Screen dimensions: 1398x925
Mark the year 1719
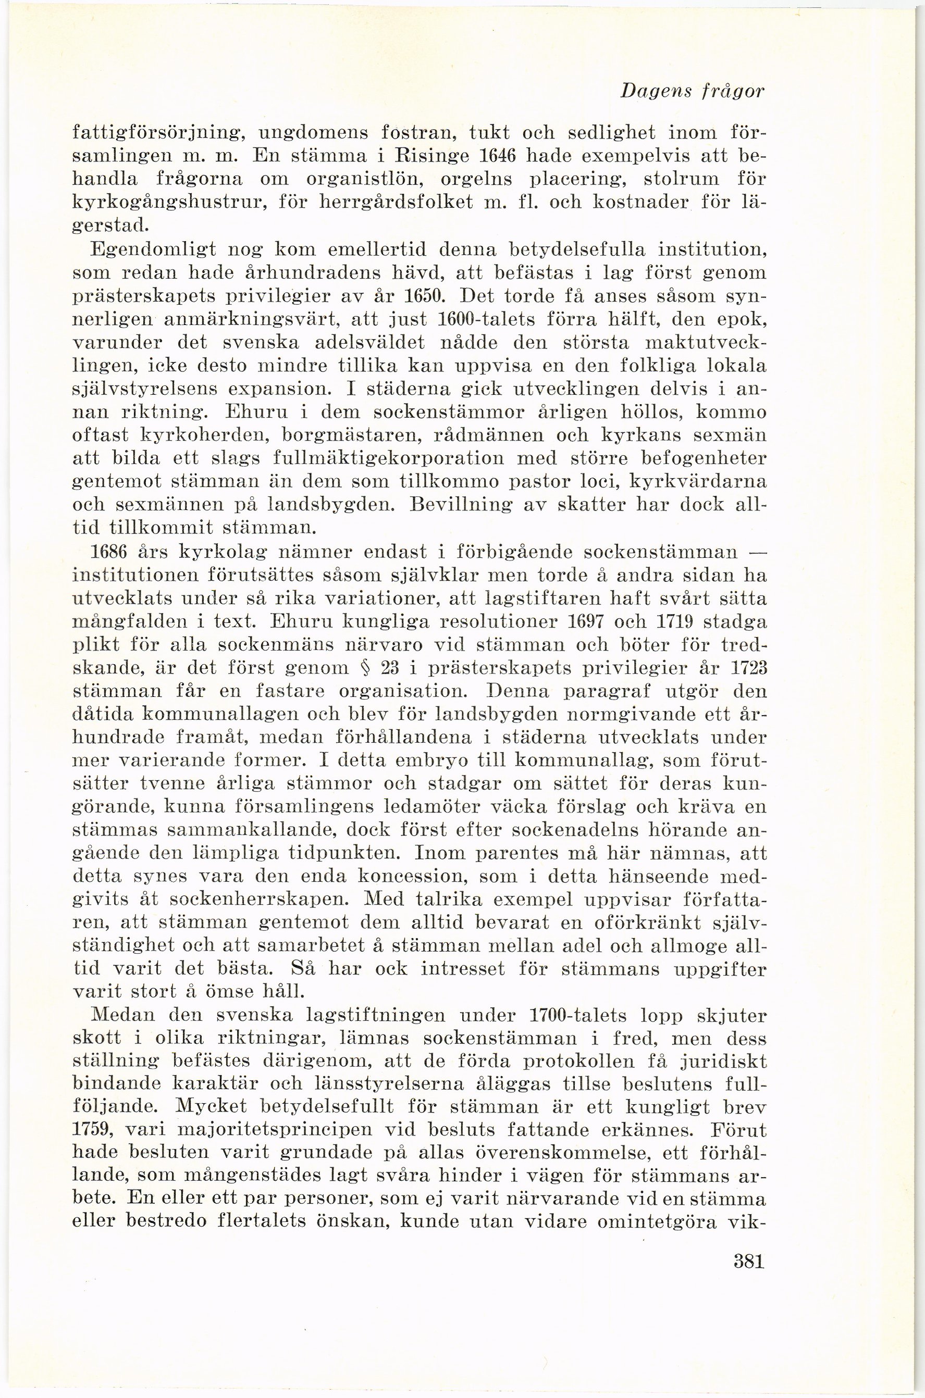pyautogui.click(x=683, y=625)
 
